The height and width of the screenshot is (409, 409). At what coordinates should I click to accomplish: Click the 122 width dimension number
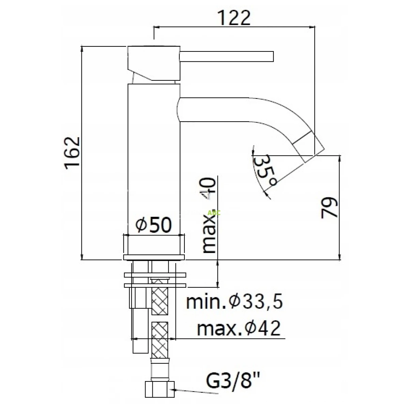(x=234, y=18)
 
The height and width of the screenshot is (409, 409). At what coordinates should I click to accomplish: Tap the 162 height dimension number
(x=72, y=153)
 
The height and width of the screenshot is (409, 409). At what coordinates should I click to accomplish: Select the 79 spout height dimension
(x=329, y=208)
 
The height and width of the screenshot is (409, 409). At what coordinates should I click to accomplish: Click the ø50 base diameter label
(x=153, y=225)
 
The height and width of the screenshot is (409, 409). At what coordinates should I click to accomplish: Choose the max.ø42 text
(x=239, y=329)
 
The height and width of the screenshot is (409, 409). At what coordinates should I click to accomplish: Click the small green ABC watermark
(x=214, y=213)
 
